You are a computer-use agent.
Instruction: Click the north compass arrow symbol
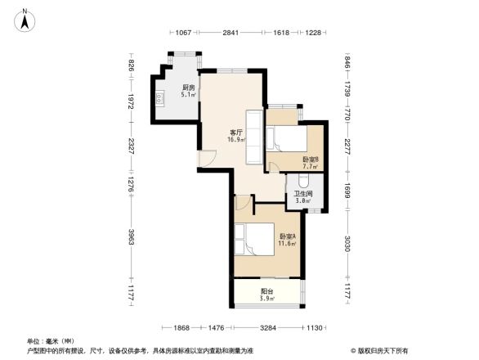tap(26, 19)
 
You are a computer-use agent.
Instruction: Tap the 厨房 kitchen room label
tap(188, 88)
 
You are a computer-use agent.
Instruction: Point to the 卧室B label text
tap(311, 160)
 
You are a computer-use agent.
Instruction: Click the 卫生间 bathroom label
tap(302, 193)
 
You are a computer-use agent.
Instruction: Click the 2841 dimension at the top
tap(231, 33)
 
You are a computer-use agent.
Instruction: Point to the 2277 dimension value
tap(347, 147)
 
